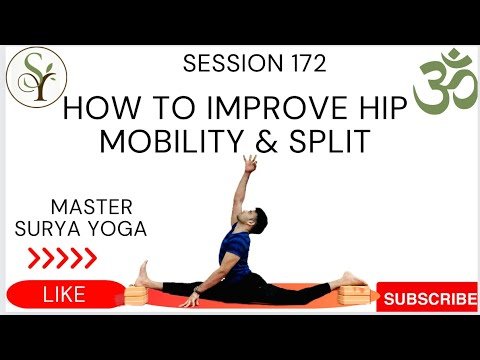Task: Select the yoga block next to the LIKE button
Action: point(135,295)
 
